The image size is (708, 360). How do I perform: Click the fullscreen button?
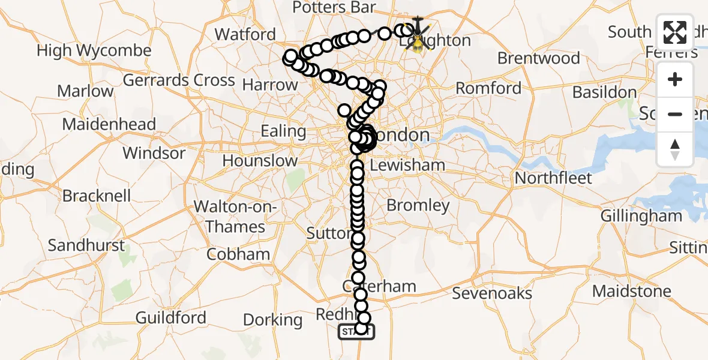pos(675,33)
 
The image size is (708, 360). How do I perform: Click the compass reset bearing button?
pos(675,149)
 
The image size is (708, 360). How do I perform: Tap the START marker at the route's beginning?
pos(356,331)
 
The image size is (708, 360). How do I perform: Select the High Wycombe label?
pos(94,50)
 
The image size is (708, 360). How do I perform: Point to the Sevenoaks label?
pos(492,293)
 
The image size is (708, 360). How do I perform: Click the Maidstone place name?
pos(631,292)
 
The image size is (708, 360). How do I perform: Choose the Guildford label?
pos(171,317)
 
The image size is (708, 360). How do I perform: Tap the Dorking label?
pos(273,320)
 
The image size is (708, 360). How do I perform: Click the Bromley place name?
pos(418,205)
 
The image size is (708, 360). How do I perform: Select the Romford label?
pos(488,88)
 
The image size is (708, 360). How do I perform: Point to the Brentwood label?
pos(538,58)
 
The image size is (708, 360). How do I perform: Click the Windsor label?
pos(154,153)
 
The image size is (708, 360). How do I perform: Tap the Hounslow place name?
pos(260,161)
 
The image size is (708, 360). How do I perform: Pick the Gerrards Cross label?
pos(179,80)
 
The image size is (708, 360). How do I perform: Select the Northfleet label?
pos(553,178)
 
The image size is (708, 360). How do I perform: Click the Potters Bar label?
pos(334,7)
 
